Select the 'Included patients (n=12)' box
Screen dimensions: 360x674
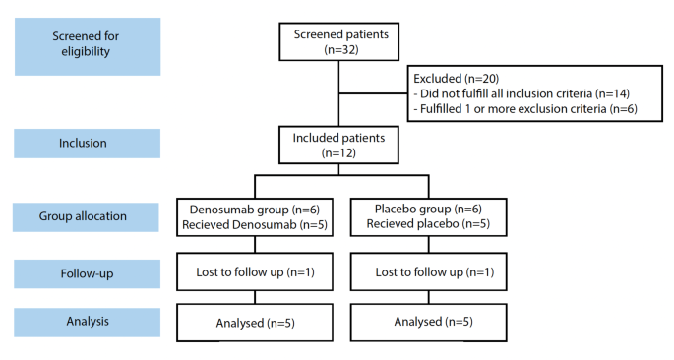[339, 144]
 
